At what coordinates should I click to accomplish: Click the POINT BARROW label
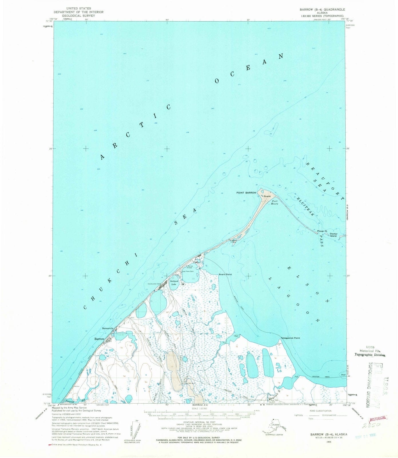[x=246, y=193]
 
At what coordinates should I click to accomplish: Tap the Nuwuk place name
[x=267, y=196]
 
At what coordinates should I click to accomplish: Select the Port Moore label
[x=275, y=202]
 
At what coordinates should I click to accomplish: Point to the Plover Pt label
[x=322, y=231]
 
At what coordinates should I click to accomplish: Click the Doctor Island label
[x=333, y=235]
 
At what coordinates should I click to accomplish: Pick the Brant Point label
[x=225, y=274]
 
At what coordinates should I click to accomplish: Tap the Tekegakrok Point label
[x=290, y=338]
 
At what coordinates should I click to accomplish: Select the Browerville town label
[x=108, y=328]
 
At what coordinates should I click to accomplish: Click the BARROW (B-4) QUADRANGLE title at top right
[x=322, y=9]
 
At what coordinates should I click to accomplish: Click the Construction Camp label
[x=154, y=284]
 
